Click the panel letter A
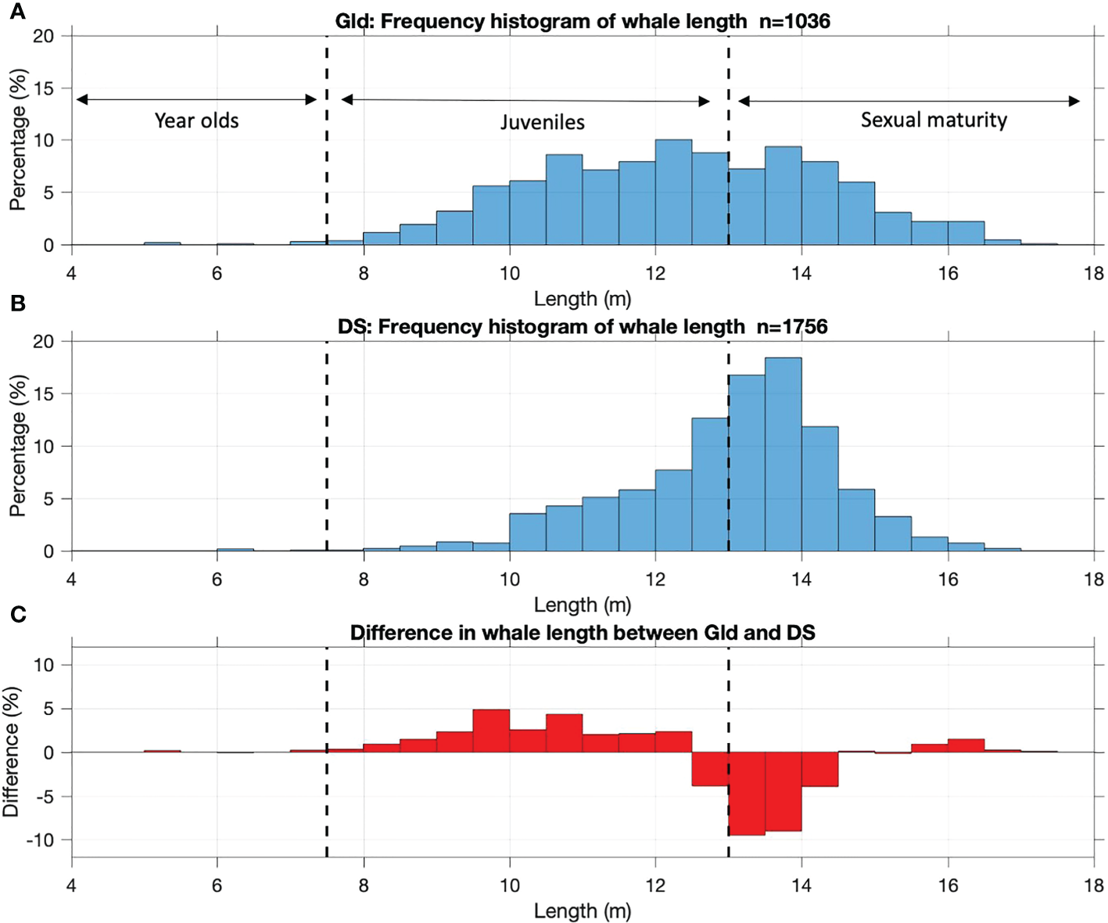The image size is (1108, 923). coord(17,12)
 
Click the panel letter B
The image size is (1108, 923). coord(17,303)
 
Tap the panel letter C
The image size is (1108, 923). coord(18,615)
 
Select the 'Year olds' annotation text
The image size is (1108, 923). coord(196,120)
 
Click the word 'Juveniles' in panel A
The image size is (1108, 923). coord(543,122)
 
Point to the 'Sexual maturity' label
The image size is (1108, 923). coord(934,120)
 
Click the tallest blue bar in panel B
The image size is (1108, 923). coord(783,454)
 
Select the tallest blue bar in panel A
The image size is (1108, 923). coord(673,192)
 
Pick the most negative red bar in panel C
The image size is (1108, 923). coord(747,793)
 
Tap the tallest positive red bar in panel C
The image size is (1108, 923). coord(491,731)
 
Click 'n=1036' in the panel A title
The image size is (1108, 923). coord(794,21)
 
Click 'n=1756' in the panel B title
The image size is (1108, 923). coord(791,327)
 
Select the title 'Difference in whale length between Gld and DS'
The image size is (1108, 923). coord(583,633)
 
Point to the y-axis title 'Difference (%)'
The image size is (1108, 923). coord(11,752)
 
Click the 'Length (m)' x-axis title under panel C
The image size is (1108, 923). coord(583,910)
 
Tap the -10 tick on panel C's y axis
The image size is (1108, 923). coord(41,840)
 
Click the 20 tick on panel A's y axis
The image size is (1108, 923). coord(44,36)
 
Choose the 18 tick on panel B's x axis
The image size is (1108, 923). coord(1093,580)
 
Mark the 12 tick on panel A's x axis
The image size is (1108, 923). coord(655,273)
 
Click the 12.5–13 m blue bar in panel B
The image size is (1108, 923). coord(710,484)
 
